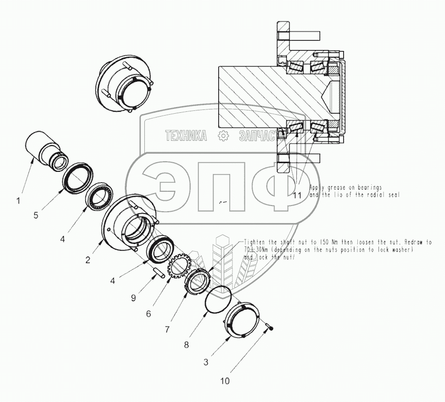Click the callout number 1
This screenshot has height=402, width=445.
pyautogui.click(x=18, y=201)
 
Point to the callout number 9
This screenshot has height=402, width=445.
pyautogui.click(x=134, y=298)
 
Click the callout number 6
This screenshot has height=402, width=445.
pyautogui.click(x=149, y=314)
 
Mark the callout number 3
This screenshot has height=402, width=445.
pyautogui.click(x=206, y=363)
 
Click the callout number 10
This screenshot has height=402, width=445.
pyautogui.click(x=224, y=381)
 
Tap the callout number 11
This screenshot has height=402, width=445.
pyautogui.click(x=298, y=195)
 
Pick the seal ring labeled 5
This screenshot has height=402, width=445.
pyautogui.click(x=77, y=178)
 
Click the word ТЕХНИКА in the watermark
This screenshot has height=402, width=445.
pyautogui.click(x=186, y=137)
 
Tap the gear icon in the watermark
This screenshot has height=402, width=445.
pyautogui.click(x=222, y=136)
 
